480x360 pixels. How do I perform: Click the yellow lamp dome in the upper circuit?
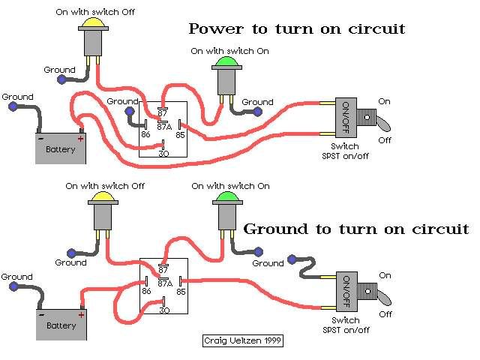click(x=93, y=22)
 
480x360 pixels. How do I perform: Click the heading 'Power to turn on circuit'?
click(x=296, y=29)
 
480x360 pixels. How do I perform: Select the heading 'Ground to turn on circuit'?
click(x=356, y=229)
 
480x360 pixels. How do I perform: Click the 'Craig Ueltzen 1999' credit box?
click(x=243, y=340)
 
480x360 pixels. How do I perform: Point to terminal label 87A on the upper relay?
click(x=165, y=124)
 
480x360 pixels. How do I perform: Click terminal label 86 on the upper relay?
click(x=146, y=134)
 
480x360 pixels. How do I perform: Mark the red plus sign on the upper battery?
click(x=80, y=138)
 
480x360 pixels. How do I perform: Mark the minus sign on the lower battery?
click(x=42, y=314)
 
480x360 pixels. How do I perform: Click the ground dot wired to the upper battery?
click(x=13, y=106)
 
